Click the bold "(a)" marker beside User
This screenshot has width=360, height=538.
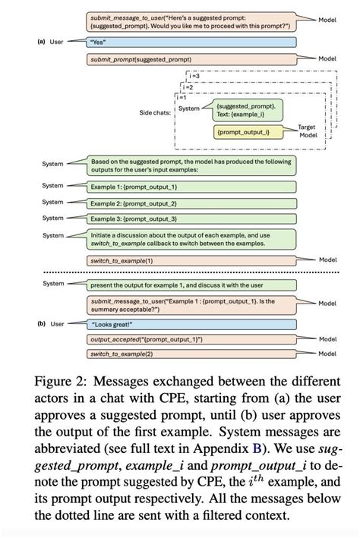[41, 42]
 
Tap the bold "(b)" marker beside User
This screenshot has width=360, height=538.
[41, 324]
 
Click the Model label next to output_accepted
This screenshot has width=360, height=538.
[327, 340]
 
